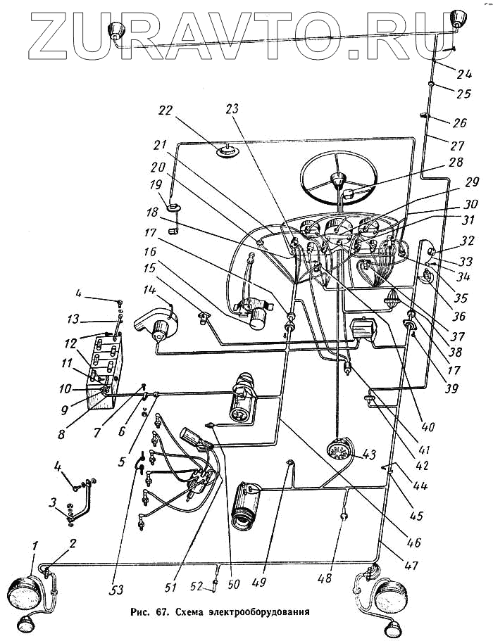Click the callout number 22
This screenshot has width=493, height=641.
pos(165,111)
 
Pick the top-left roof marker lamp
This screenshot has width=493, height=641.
pos(114,30)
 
